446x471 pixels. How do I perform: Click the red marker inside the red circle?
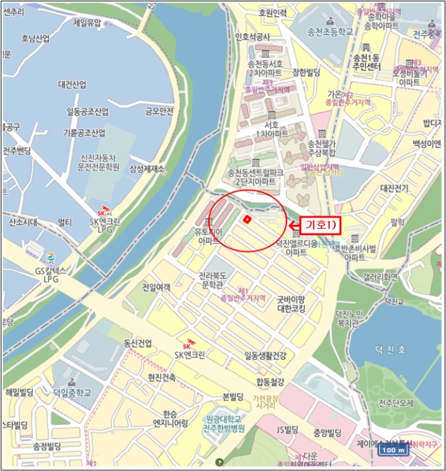tap(247, 219)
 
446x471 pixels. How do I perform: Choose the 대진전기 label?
tap(394, 188)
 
